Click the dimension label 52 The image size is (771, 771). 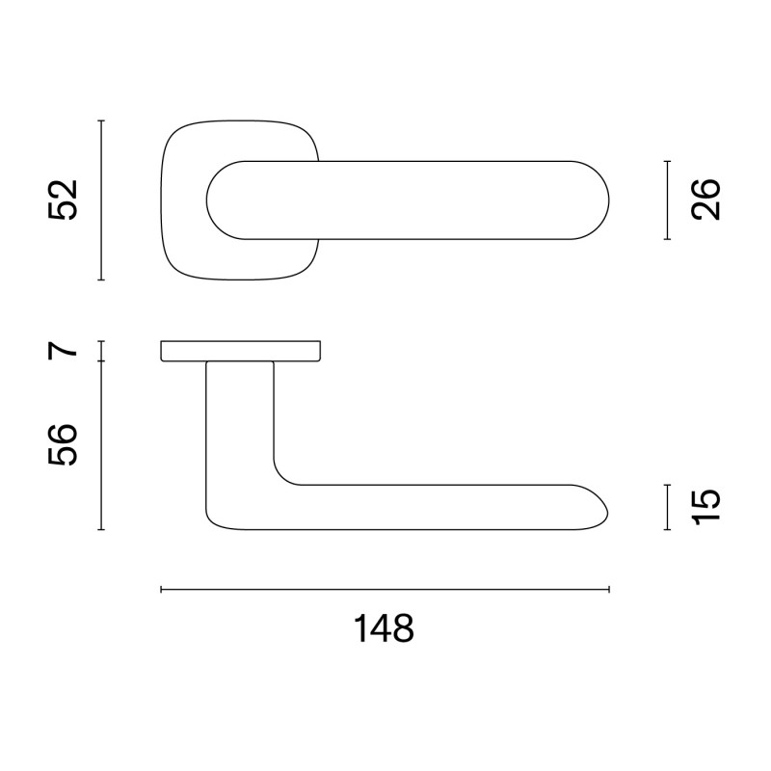[63, 200]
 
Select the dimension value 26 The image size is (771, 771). [706, 199]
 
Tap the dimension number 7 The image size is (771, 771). [64, 348]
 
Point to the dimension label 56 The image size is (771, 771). [64, 444]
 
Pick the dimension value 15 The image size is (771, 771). [706, 507]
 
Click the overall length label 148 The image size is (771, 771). [385, 629]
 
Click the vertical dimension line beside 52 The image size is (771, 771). [101, 200]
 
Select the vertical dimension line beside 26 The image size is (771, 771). [667, 199]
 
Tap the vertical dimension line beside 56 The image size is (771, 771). [101, 444]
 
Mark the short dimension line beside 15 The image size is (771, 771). [667, 507]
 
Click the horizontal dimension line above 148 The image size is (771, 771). [385, 589]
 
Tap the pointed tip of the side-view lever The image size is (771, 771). [607, 512]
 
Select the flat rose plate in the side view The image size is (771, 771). [240, 351]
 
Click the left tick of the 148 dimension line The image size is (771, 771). [161, 589]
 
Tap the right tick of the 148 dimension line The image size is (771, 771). [609, 589]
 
